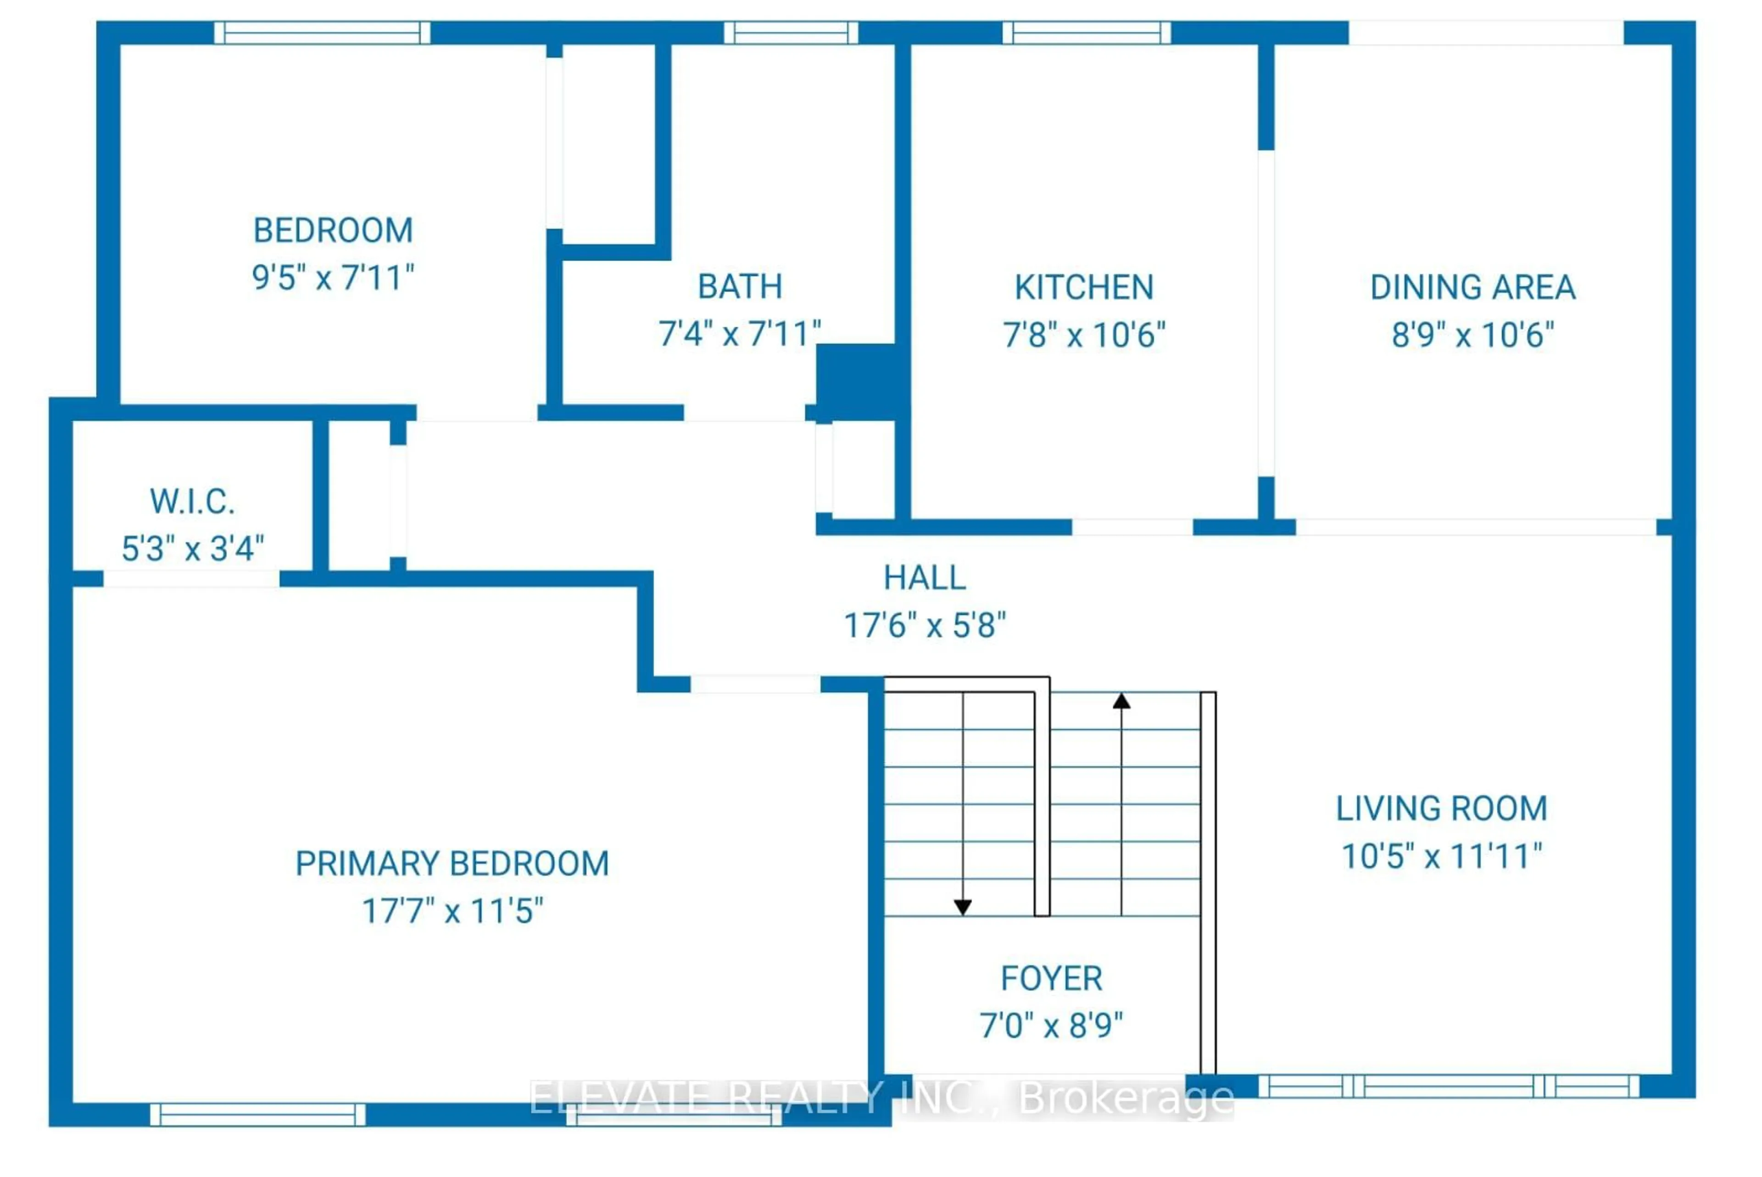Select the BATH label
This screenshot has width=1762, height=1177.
click(x=740, y=287)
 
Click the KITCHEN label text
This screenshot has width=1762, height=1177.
click(x=1084, y=288)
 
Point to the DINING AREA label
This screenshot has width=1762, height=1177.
click(x=1472, y=288)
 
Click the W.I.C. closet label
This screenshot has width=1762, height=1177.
click(x=192, y=502)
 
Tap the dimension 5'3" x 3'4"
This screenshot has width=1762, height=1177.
click(x=192, y=549)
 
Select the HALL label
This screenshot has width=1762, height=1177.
click(x=925, y=578)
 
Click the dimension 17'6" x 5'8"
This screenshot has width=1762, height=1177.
click(x=925, y=625)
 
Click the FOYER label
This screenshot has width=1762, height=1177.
click(x=1051, y=978)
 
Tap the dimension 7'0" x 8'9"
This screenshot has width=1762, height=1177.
click(x=1051, y=1026)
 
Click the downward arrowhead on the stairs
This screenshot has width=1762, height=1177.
click(x=963, y=908)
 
